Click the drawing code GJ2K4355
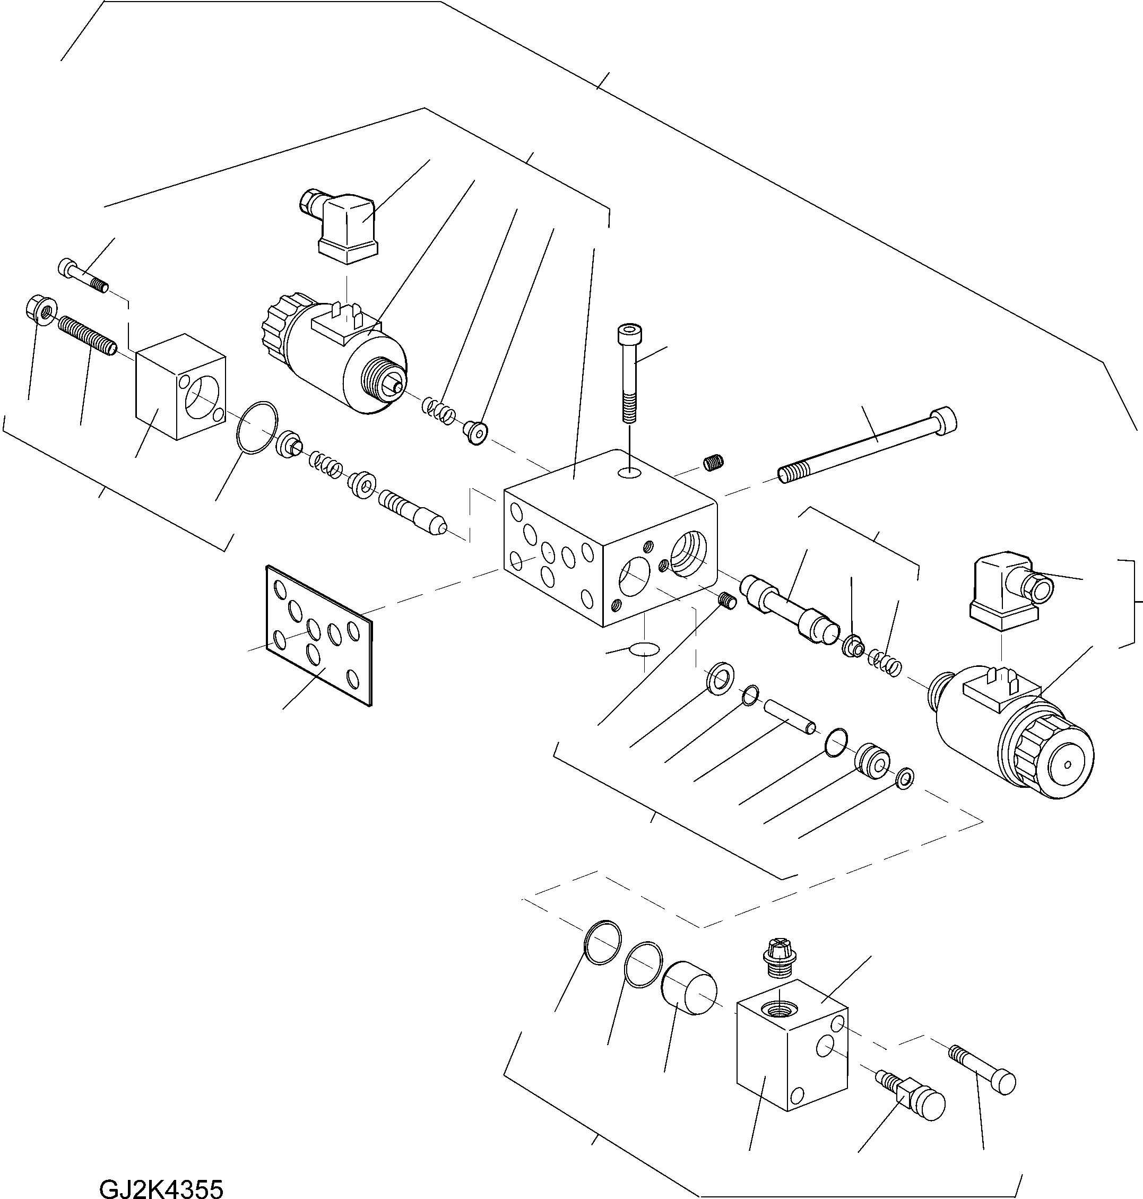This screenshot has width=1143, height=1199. (161, 1186)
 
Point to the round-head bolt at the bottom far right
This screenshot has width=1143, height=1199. (983, 1069)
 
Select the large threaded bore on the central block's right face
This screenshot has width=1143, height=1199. (688, 552)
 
